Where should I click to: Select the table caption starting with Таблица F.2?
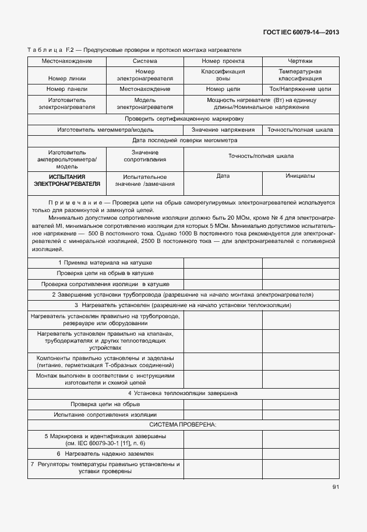(x=134, y=50)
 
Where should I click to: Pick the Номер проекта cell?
(x=223, y=61)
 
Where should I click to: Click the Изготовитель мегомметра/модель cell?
(x=105, y=129)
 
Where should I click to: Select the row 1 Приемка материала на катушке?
(x=105, y=262)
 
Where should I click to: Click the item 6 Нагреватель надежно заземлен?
(x=105, y=453)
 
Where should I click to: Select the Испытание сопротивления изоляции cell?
(x=105, y=414)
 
